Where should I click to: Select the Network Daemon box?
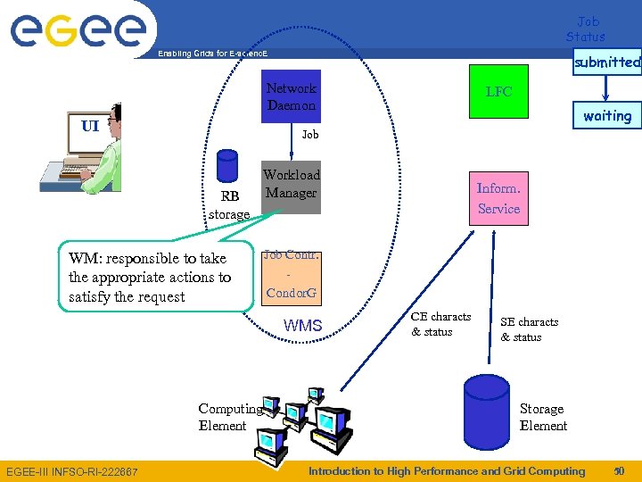[291, 96]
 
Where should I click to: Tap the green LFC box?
[498, 91]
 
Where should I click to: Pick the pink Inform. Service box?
[498, 198]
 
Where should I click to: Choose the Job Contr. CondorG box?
[292, 273]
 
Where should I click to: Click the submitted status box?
[607, 62]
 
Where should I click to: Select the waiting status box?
[607, 116]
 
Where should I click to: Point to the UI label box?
[89, 126]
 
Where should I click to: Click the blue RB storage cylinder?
[227, 166]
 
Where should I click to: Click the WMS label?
[302, 326]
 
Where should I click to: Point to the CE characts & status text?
[440, 324]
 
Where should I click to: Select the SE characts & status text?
[529, 329]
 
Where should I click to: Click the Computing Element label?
[229, 417]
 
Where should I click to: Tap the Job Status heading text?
[586, 29]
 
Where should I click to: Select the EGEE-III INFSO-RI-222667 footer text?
[72, 471]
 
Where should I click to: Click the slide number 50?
[619, 470]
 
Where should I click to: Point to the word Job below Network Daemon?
[309, 135]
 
